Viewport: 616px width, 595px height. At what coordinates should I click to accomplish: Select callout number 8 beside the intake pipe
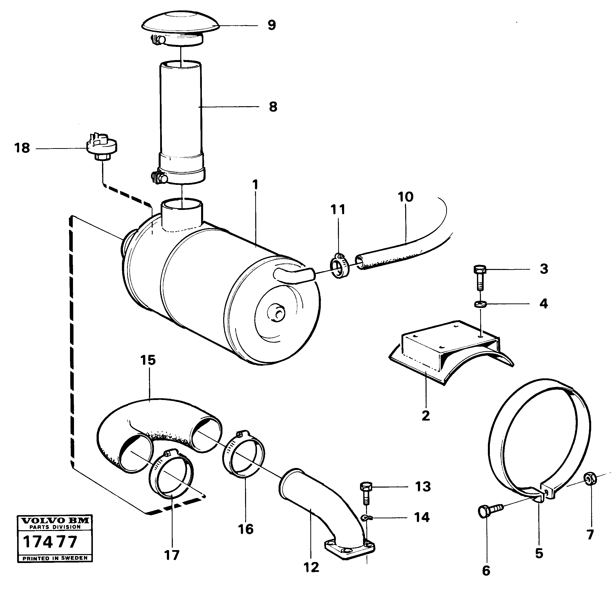click(273, 107)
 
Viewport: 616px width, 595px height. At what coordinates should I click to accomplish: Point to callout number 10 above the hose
click(405, 197)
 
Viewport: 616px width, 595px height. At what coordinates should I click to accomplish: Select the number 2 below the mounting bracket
click(426, 416)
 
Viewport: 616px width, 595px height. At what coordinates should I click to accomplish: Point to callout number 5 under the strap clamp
click(539, 554)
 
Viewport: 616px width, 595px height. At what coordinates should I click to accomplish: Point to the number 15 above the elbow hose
click(148, 360)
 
